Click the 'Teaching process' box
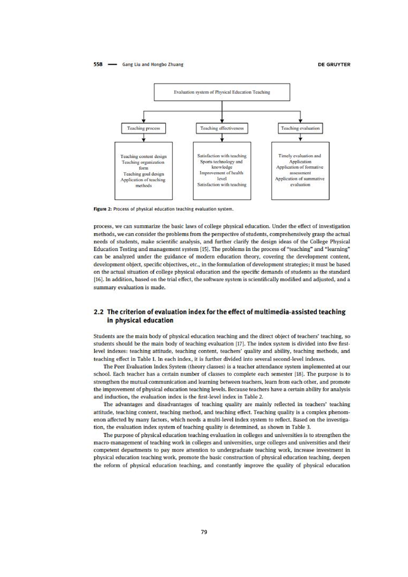tap(142, 127)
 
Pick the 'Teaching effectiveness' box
tap(222, 127)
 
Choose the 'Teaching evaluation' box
tap(300, 127)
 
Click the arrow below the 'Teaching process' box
tap(142, 137)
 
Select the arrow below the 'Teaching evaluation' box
tap(300, 137)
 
